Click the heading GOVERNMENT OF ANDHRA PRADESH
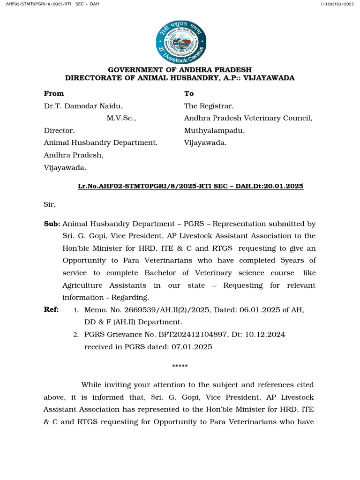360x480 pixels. [x=180, y=70]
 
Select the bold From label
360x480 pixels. [x=54, y=93]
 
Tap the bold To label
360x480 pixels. [x=189, y=93]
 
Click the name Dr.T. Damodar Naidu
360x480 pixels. [x=83, y=106]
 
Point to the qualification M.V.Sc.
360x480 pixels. [x=121, y=118]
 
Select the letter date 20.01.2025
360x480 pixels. [x=285, y=186]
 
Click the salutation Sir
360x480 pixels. [x=50, y=204]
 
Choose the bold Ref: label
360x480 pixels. [x=52, y=309]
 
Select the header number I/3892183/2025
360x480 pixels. [x=337, y=4]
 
